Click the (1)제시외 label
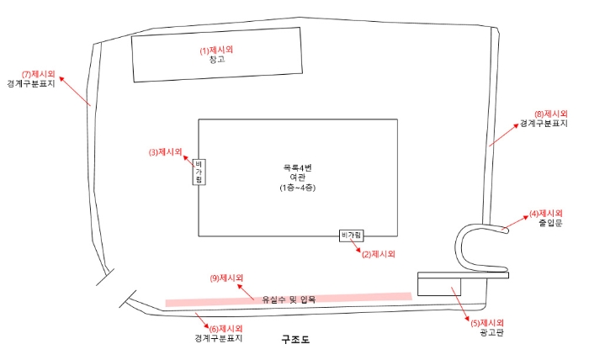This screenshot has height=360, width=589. (x=216, y=50)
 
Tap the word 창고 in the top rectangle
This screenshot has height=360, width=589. (x=216, y=60)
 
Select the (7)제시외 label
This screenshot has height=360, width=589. (x=38, y=74)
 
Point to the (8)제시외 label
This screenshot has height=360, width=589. (x=551, y=114)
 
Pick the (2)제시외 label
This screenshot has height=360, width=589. (x=378, y=252)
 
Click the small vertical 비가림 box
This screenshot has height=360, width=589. (x=199, y=172)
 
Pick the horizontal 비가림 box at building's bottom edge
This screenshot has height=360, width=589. (x=352, y=235)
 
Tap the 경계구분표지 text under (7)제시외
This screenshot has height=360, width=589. (x=38, y=84)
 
